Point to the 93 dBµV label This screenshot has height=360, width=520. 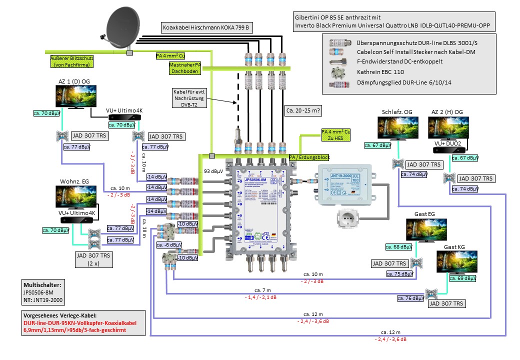point(213,171)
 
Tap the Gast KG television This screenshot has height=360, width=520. point(457,262)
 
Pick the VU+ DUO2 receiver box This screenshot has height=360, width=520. point(449,149)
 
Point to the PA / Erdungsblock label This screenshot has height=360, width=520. point(309,157)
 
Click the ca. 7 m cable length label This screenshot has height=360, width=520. point(262,290)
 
